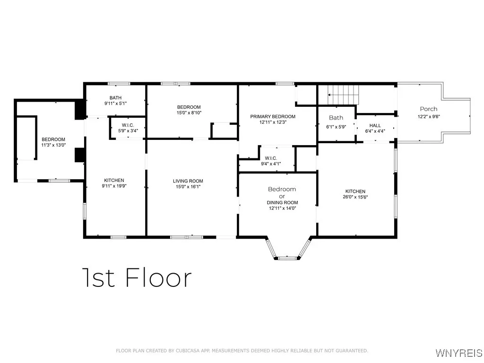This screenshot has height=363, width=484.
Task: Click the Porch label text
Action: click(x=429, y=109)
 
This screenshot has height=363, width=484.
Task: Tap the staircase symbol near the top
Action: click(x=344, y=95)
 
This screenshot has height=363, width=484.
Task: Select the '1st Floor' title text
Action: click(x=137, y=277)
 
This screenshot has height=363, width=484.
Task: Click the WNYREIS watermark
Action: click(x=458, y=353)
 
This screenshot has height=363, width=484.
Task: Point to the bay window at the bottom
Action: click(x=287, y=250)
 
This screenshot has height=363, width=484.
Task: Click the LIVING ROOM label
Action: click(x=188, y=181)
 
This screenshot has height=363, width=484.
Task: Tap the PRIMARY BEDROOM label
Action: click(x=273, y=117)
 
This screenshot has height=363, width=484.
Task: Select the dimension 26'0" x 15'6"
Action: click(x=355, y=197)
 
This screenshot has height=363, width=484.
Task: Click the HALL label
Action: click(x=375, y=126)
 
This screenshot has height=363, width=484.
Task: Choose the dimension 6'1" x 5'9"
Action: click(x=336, y=127)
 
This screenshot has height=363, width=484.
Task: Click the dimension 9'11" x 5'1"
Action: click(x=116, y=104)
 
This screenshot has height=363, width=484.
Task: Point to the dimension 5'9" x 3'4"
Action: click(x=128, y=131)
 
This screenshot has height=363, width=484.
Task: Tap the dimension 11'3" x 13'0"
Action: click(x=53, y=145)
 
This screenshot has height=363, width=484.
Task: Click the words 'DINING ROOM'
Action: click(x=282, y=202)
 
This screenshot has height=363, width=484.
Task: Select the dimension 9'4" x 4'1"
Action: click(x=271, y=164)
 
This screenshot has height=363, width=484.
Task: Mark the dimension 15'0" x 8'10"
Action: click(x=189, y=113)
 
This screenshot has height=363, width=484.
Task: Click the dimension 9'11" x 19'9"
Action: click(x=114, y=186)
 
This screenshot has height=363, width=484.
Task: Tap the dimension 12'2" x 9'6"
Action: click(x=429, y=117)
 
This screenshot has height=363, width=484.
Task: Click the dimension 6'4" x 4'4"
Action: click(x=375, y=131)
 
